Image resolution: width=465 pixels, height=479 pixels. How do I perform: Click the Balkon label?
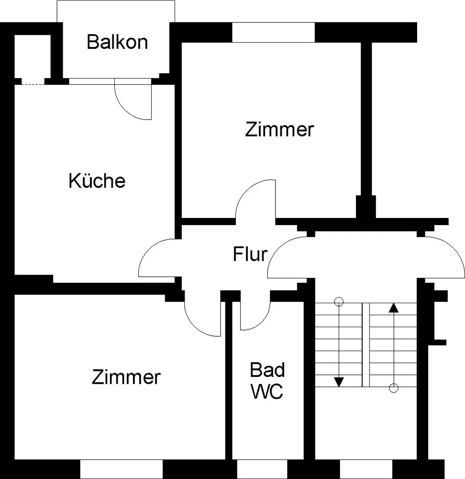tap(118, 42)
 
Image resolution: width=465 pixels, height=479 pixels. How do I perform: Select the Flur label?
tap(250, 254)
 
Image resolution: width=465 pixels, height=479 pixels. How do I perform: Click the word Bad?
tap(267, 370)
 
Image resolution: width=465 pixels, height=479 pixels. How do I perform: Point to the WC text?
tap(266, 391)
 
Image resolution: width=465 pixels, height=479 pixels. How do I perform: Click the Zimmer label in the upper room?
tap(279, 129)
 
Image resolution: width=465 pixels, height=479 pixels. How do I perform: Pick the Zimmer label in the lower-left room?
tap(126, 377)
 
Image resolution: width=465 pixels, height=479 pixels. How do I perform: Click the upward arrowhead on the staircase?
tap(394, 308)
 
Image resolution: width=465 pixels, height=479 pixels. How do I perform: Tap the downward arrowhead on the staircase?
tap(339, 382)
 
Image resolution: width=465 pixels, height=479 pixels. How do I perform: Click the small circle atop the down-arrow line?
tap(339, 302)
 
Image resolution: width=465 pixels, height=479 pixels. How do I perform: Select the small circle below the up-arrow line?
tap(394, 388)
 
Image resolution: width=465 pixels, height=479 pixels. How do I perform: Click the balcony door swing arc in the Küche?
tap(124, 110)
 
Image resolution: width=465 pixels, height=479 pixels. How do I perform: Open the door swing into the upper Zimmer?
tap(244, 193)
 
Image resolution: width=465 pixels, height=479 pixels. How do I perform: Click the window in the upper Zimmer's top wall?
tap(273, 33)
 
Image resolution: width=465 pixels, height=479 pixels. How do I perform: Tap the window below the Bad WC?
tap(262, 469)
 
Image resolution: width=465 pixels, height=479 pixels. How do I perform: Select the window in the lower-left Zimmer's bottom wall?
tap(122, 469)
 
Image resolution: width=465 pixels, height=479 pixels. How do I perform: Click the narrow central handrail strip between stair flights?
tap(366, 345)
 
